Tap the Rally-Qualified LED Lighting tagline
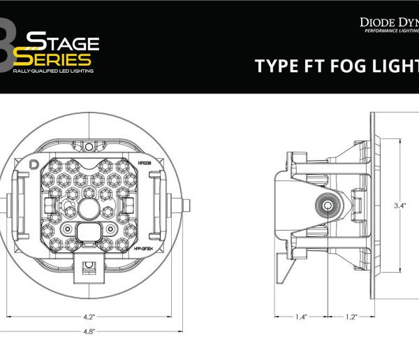coord(52,71)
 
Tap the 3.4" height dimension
coord(400,206)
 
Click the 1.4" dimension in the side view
coord(301,317)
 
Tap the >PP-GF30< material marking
coord(142,247)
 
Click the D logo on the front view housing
coord(35,165)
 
